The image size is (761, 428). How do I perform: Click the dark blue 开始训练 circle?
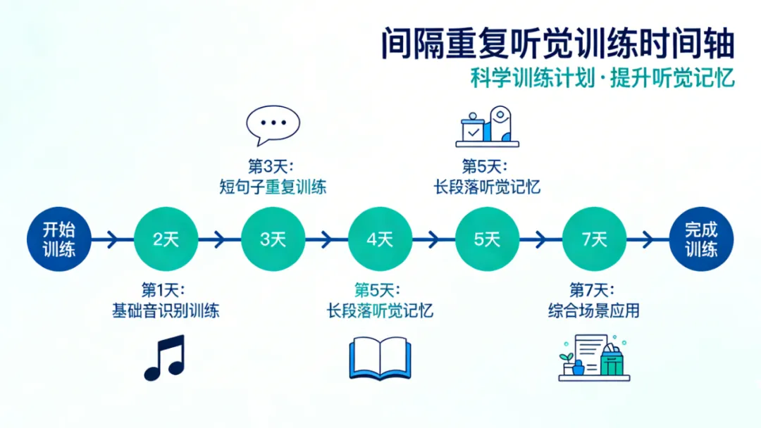(x=58, y=239)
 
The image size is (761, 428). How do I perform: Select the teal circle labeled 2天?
(x=166, y=239)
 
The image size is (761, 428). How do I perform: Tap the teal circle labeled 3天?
(x=273, y=239)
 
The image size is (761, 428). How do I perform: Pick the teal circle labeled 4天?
(x=380, y=239)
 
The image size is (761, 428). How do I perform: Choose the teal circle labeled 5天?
(x=487, y=239)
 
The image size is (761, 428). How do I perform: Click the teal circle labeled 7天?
(x=594, y=239)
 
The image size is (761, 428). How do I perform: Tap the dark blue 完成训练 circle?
(x=701, y=239)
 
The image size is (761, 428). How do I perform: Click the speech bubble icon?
(x=273, y=125)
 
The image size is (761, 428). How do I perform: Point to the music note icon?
(x=164, y=358)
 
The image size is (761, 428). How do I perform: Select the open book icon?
(x=380, y=359)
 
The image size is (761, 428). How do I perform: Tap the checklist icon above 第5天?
(x=487, y=126)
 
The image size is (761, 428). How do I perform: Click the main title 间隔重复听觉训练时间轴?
(x=557, y=44)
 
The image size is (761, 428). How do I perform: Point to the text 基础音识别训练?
(x=166, y=310)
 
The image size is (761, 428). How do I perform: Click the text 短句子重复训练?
(x=273, y=188)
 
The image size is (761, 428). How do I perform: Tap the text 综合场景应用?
(x=593, y=310)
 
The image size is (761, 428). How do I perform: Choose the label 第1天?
(x=166, y=290)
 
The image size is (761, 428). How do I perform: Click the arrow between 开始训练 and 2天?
(x=112, y=239)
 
